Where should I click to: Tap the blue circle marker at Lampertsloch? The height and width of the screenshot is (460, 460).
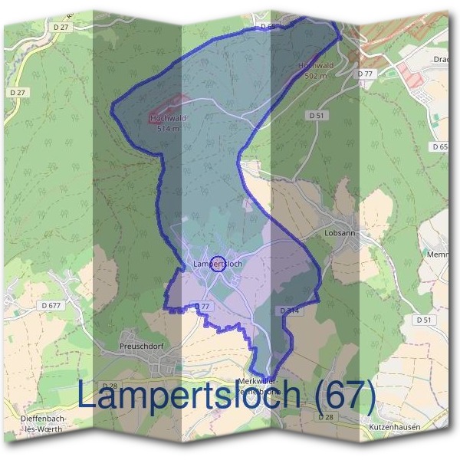(218, 264)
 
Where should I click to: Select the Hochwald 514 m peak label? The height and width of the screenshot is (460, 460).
(169, 123)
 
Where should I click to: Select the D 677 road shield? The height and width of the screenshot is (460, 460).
(51, 305)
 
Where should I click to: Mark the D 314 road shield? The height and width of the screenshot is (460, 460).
(289, 310)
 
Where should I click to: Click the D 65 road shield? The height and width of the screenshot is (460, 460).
(440, 146)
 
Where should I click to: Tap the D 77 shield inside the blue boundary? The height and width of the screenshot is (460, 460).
(202, 306)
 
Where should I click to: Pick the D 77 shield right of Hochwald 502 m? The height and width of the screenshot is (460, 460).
(364, 74)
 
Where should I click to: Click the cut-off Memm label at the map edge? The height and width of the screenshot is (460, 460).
(438, 254)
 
